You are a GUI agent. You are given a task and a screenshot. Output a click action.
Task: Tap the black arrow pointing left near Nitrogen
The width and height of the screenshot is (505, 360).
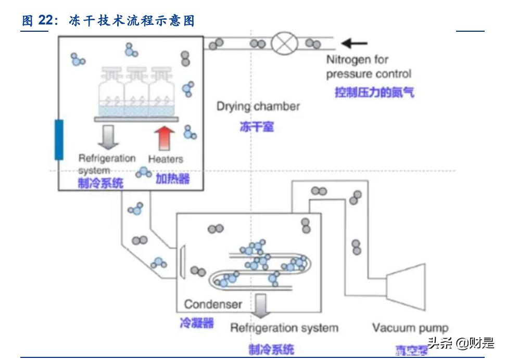point(354,44)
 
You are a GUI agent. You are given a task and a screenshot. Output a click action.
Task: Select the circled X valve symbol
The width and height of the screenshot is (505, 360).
point(285,43)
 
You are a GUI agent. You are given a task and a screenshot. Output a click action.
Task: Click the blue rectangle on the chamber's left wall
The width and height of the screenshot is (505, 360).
point(59,139)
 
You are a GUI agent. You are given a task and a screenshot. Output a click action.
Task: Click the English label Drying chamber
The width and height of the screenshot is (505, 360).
point(258,107)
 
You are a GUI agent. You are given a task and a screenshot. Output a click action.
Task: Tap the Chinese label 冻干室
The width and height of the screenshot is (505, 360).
point(257,126)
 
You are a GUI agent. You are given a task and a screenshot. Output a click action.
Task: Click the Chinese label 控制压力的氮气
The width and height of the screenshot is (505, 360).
point(374,93)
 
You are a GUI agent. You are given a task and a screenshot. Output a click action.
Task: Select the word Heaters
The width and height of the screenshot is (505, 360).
point(166,159)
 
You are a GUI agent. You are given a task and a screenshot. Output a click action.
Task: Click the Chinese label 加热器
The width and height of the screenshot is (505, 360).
point(172,179)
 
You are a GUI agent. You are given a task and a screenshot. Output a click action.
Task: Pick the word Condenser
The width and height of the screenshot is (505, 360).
point(213,304)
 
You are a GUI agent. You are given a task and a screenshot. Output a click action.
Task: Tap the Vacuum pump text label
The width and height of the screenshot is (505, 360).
point(410,328)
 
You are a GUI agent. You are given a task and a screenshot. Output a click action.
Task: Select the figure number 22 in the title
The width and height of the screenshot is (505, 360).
point(46,20)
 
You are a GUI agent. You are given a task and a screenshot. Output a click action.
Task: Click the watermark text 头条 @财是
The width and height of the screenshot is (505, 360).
point(460,343)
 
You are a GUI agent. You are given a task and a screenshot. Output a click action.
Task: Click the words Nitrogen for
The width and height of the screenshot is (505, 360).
point(357,60)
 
